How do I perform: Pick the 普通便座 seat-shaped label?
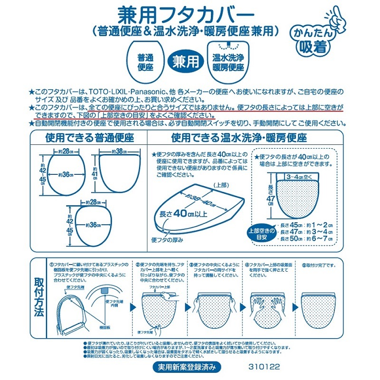tap(143, 62)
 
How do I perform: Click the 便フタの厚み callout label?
tap(166, 239)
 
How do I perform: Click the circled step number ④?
tap(247, 265)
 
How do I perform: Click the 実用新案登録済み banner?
tap(187, 367)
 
